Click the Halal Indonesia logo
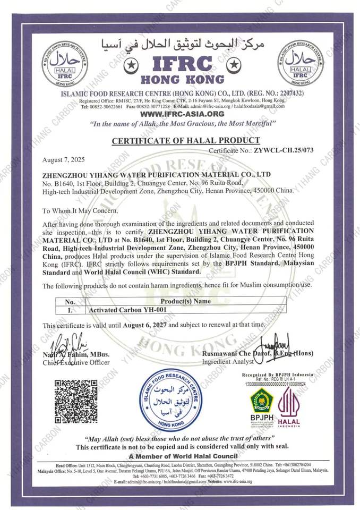point(289,406)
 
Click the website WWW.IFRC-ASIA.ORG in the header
point(182,114)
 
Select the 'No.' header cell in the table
point(70,301)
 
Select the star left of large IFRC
point(129,65)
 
